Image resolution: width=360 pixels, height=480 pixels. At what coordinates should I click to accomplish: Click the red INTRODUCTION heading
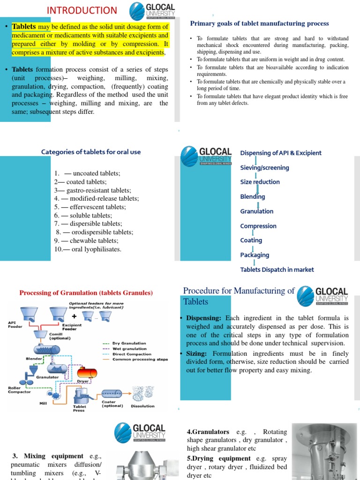82,10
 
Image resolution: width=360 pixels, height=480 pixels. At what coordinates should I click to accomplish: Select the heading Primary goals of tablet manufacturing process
259,23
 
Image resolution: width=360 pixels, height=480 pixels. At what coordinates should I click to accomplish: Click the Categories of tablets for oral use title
91,152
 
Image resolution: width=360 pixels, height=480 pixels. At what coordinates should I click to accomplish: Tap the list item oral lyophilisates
88,249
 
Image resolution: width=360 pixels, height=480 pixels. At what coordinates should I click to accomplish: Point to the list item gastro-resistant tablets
92,190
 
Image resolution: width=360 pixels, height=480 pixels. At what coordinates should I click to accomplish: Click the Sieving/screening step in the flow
264,168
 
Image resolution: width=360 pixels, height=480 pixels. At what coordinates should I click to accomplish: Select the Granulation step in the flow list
256,211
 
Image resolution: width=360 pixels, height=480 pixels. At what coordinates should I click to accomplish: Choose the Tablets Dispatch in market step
277,270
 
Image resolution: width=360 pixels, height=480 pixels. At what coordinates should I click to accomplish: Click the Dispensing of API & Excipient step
280,153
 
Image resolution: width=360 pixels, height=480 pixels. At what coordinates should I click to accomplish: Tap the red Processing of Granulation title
86,293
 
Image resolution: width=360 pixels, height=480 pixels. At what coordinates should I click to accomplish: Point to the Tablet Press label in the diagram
79,408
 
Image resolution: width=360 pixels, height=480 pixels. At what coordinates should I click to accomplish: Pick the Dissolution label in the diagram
142,406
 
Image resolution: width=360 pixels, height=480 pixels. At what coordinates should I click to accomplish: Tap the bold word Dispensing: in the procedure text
204,318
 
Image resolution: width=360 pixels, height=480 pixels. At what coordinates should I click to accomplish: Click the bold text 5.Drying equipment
218,458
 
